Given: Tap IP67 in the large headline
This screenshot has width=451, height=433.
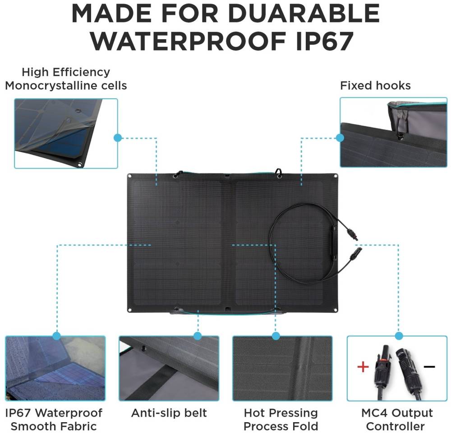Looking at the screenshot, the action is pyautogui.click(x=325, y=41).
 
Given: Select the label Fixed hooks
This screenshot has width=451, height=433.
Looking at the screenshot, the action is pyautogui.click(x=375, y=86).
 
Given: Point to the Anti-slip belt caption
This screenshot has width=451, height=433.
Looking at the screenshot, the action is pyautogui.click(x=169, y=413).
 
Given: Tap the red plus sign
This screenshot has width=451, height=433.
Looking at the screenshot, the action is pyautogui.click(x=363, y=367).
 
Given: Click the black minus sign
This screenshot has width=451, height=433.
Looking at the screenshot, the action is pyautogui.click(x=429, y=366).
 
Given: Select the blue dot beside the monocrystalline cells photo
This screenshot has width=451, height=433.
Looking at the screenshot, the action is pyautogui.click(x=118, y=138).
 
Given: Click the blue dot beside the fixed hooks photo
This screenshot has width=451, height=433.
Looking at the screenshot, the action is pyautogui.click(x=340, y=138).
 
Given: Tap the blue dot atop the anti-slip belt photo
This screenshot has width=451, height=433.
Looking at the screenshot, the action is pyautogui.click(x=198, y=336).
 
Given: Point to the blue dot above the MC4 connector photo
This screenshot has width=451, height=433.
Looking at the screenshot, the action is pyautogui.click(x=399, y=336).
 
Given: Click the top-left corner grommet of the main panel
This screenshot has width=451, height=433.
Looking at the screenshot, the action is pyautogui.click(x=130, y=176).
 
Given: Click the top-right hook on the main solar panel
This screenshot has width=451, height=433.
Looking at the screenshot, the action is pyautogui.click(x=278, y=173).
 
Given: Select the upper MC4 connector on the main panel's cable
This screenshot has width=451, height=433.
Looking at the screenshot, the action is pyautogui.click(x=352, y=233).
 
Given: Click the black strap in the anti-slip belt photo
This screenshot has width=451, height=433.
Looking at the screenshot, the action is pyautogui.click(x=155, y=378).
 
